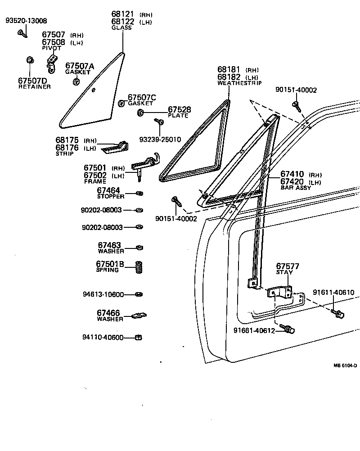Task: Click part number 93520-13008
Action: click(x=26, y=21)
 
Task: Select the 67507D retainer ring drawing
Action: click(x=30, y=60)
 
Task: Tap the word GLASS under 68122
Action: click(x=121, y=28)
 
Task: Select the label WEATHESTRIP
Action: click(x=239, y=83)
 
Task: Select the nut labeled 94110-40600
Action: click(x=139, y=338)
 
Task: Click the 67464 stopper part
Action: click(x=139, y=194)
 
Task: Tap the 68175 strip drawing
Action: click(x=116, y=146)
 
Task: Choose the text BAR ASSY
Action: click(x=296, y=188)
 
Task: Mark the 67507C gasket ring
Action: click(x=121, y=104)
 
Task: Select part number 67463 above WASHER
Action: click(x=109, y=245)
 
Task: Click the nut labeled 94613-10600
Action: click(x=139, y=295)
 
